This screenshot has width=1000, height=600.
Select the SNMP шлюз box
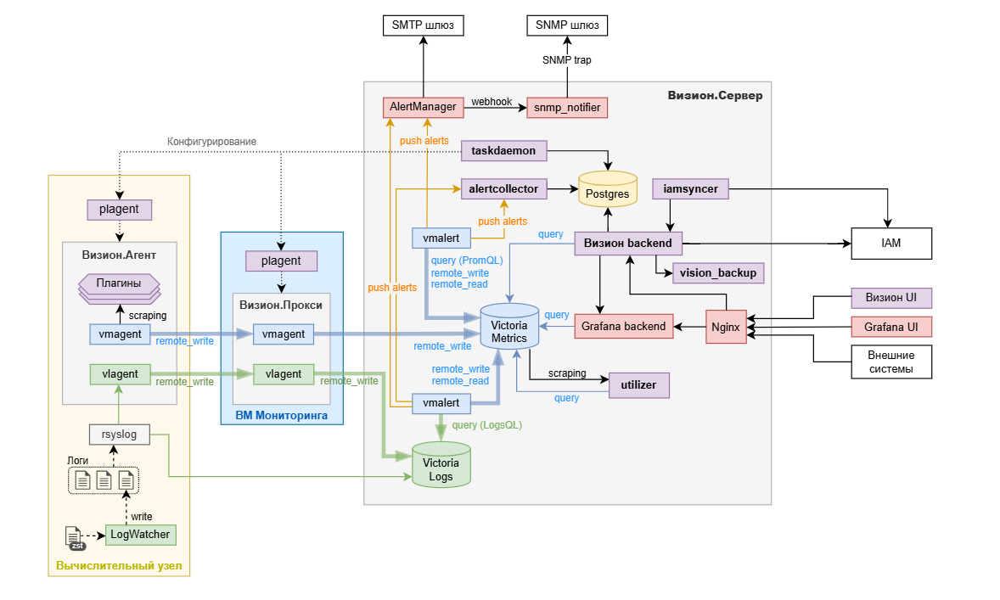pyautogui.click(x=567, y=25)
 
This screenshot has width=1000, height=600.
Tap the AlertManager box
pyautogui.click(x=422, y=108)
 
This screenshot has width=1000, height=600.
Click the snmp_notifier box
pyautogui.click(x=567, y=108)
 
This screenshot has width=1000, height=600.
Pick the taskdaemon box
pyautogui.click(x=503, y=151)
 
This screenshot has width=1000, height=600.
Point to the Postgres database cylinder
pyautogui.click(x=607, y=189)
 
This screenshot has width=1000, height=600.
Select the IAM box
pyautogui.click(x=890, y=244)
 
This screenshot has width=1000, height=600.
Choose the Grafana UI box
pyautogui.click(x=891, y=327)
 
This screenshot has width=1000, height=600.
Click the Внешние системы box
pyautogui.click(x=891, y=362)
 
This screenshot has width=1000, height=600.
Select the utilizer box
pyautogui.click(x=638, y=385)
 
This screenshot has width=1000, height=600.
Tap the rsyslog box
pyautogui.click(x=119, y=435)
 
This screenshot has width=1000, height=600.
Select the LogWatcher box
pyautogui.click(x=140, y=535)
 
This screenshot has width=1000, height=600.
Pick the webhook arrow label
pyautogui.click(x=492, y=102)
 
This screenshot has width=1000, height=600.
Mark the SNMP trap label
pyautogui.click(x=567, y=60)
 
